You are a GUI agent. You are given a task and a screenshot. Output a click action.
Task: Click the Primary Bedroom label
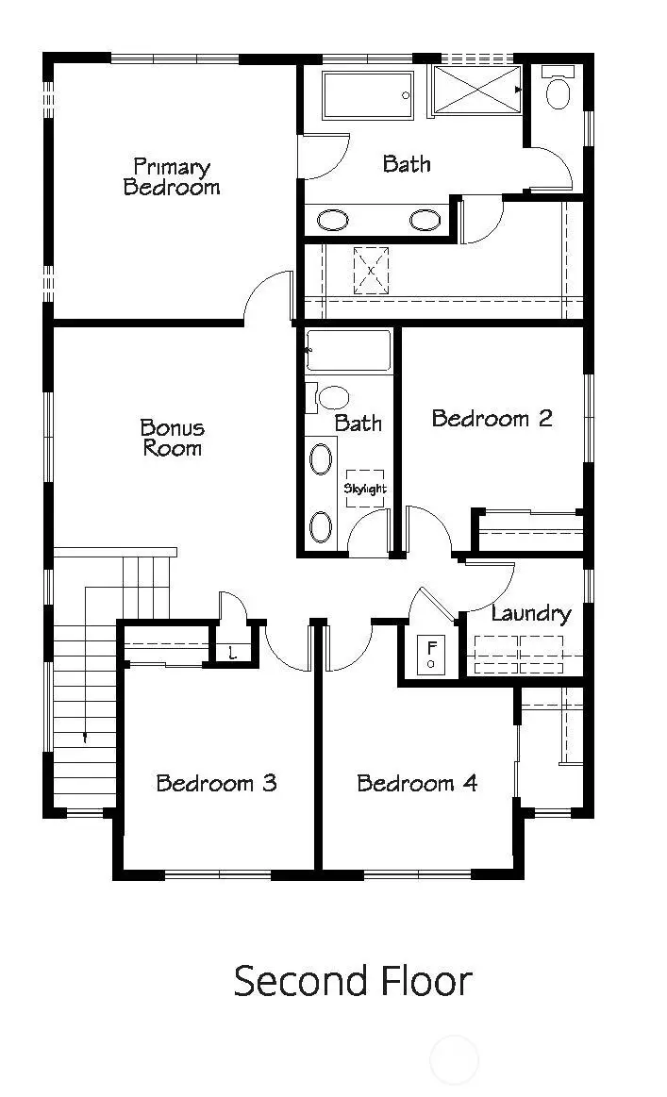(x=171, y=176)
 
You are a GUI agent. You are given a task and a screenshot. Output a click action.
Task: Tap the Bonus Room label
(x=172, y=437)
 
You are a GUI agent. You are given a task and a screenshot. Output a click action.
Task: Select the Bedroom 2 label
(x=492, y=418)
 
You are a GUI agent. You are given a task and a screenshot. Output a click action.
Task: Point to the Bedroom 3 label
(x=216, y=782)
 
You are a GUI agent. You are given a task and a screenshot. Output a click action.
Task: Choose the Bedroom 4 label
(x=417, y=782)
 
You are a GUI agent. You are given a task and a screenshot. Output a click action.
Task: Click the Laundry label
(x=531, y=613)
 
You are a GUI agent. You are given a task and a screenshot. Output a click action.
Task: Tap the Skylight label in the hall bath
(x=365, y=489)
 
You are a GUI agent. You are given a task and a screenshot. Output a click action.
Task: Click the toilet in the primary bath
(x=559, y=91)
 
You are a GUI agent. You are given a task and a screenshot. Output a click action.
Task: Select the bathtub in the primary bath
(x=368, y=95)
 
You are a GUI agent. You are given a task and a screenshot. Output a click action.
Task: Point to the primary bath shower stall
(x=477, y=91)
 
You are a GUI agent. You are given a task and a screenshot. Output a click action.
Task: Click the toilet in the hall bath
(x=331, y=396)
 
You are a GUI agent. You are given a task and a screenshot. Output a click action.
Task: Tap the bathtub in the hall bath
(x=349, y=350)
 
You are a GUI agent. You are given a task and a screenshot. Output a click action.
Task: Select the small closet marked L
(x=232, y=652)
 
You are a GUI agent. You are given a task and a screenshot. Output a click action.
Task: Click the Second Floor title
(x=352, y=981)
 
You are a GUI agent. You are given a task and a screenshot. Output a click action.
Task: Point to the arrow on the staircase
(x=85, y=737)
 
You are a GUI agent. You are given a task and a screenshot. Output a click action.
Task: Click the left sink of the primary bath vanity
(x=332, y=221)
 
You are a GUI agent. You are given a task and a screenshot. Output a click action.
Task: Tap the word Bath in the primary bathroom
(x=407, y=163)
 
